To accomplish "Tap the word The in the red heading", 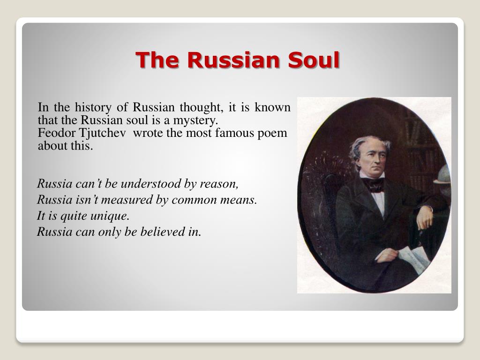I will click(x=154, y=60).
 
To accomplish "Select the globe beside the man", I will click(x=442, y=174).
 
